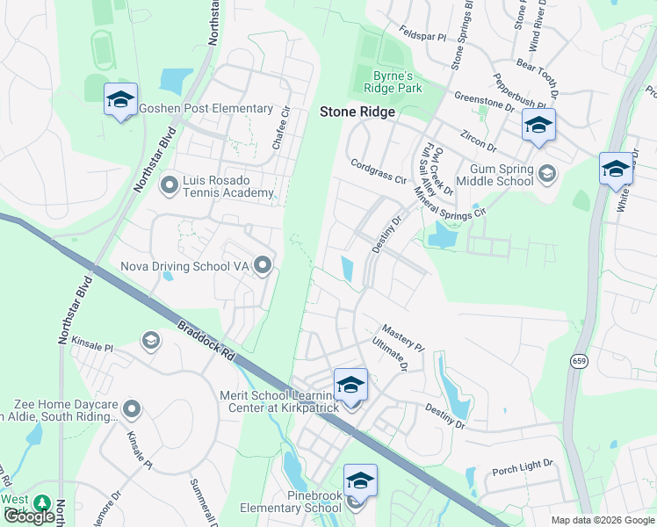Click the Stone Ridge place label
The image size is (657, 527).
click(357, 112)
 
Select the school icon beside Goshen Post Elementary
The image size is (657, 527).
click(120, 99)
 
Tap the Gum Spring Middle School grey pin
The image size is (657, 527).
click(547, 173)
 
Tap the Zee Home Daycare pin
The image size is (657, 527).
click(132, 409)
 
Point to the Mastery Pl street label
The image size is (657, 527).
click(403, 336)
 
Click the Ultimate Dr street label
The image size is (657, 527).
click(389, 353)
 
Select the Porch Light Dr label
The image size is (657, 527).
click(523, 463)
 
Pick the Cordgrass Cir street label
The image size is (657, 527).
click(379, 170)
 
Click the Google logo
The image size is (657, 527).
click(30, 516)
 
